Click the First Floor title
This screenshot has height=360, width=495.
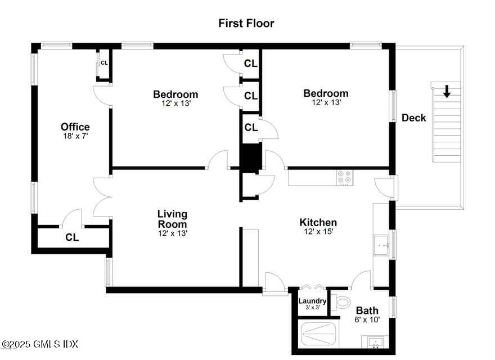tap(246, 24)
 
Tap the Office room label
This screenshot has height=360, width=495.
tap(75, 127)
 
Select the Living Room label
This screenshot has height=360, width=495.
tap(172, 219)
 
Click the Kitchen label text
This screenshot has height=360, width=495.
tap(318, 223)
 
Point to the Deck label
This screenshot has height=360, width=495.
tap(413, 118)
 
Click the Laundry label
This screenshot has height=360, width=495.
tap(312, 301)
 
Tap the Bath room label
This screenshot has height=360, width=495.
tap(367, 310)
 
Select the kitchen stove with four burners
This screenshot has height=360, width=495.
tap(344, 177)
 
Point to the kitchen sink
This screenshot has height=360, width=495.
tap(382, 245)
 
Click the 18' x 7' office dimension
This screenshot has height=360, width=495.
tap(75, 136)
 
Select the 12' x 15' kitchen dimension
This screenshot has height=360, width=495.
tap(318, 232)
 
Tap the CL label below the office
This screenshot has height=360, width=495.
tap(71, 237)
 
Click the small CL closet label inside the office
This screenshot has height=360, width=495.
tap(104, 62)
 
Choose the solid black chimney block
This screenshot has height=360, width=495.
tap(251, 156)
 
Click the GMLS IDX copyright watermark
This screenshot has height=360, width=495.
tap(40, 344)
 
